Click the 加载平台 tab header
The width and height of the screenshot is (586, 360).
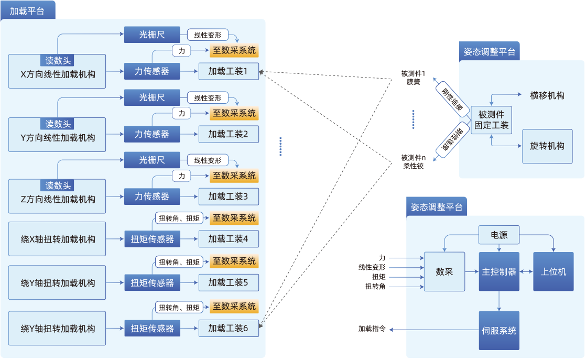pyautogui.click(x=27, y=10)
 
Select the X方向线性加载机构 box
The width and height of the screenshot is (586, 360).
pyautogui.click(x=57, y=74)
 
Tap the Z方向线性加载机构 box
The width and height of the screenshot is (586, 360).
pyautogui.click(x=57, y=199)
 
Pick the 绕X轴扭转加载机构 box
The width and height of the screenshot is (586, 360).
pyautogui.click(x=57, y=239)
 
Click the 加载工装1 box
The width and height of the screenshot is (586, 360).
pyautogui.click(x=229, y=71)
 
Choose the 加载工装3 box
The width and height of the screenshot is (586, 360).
pyautogui.click(x=229, y=197)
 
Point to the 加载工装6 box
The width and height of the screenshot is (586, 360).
pyautogui.click(x=229, y=328)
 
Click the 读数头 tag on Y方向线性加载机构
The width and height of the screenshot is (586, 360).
pyautogui.click(x=58, y=124)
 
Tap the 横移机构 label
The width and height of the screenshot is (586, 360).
pyautogui.click(x=547, y=95)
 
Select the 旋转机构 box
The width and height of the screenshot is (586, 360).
pyautogui.click(x=547, y=146)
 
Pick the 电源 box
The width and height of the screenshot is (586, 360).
pyautogui.click(x=499, y=235)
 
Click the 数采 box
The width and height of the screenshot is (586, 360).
pyautogui.click(x=444, y=272)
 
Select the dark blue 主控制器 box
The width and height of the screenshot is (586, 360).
pyautogui.click(x=499, y=272)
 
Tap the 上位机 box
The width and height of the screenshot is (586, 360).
pyautogui.click(x=554, y=272)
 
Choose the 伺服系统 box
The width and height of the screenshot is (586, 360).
pyautogui.click(x=499, y=331)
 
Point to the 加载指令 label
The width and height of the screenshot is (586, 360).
pyautogui.click(x=372, y=329)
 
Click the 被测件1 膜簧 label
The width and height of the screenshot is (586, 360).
pyautogui.click(x=413, y=78)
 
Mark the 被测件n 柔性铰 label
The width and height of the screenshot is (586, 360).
pyautogui.click(x=413, y=161)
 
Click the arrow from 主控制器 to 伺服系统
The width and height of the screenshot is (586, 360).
pyautogui.click(x=499, y=301)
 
